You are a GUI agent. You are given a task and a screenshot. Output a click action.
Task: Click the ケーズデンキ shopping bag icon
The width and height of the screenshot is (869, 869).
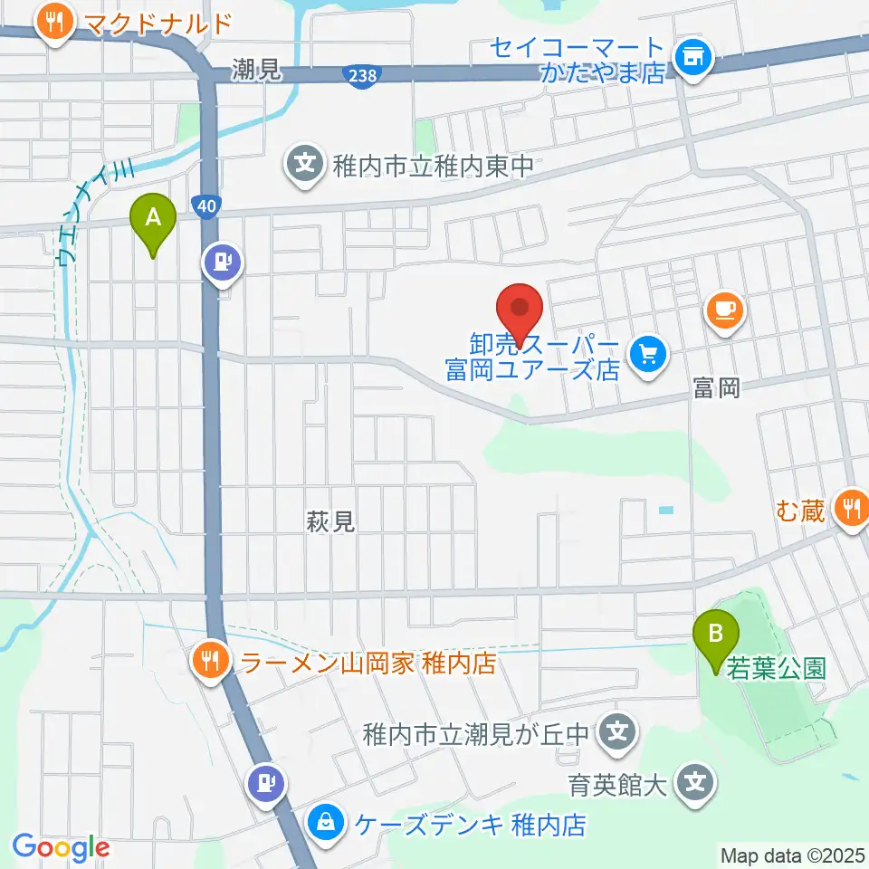(x=323, y=823)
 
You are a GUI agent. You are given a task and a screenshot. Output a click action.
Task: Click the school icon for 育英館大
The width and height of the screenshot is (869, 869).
(x=695, y=779)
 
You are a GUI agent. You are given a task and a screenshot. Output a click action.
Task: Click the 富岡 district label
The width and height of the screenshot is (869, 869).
(x=716, y=389)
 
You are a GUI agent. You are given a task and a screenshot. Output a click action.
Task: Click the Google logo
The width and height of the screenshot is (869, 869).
(x=61, y=847)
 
